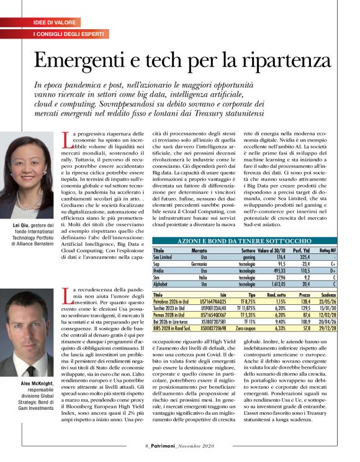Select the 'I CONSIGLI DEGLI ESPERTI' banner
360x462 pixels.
point(72,34)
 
